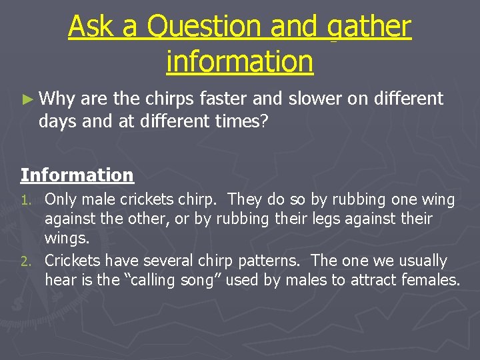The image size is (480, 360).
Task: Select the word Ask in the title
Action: point(95,27)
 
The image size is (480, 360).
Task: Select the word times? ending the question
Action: point(242,121)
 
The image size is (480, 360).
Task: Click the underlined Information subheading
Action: point(77,175)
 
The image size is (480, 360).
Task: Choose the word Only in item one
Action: point(60,199)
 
